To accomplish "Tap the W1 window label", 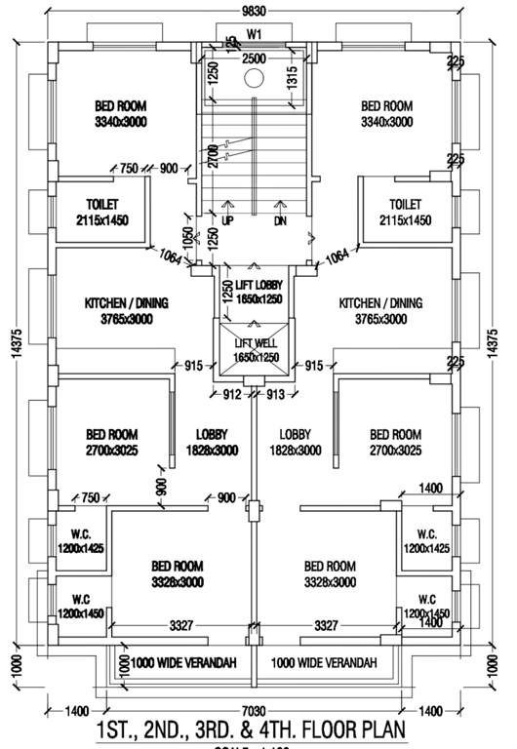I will [x=255, y=34].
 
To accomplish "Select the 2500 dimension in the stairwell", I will [x=254, y=59].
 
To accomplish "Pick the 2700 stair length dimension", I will [x=212, y=155].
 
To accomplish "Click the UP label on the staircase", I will [x=228, y=220].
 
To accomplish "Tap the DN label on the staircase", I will [x=281, y=220].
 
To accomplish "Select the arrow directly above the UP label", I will [x=228, y=206].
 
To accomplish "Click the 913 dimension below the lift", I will [x=277, y=395].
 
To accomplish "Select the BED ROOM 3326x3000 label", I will [x=177, y=573].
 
